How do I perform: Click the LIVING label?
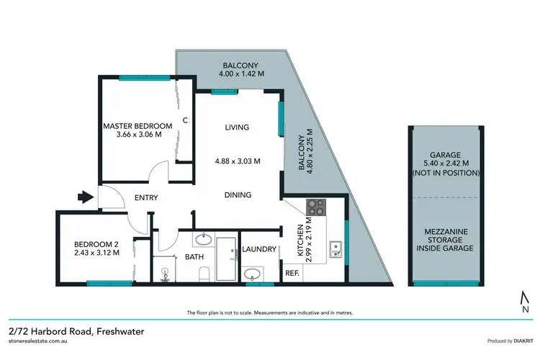click(236, 127)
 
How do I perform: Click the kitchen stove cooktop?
click(316, 209)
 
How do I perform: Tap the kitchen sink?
click(335, 250)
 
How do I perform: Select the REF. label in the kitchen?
click(292, 274)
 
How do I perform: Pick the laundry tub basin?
click(253, 274)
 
